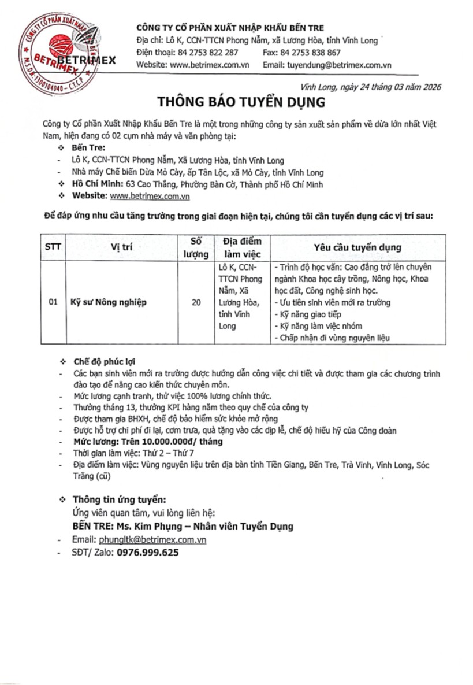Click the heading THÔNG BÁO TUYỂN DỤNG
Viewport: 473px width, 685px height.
coord(241,102)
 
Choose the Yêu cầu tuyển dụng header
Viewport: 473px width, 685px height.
coord(357,247)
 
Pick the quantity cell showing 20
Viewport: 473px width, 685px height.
coord(195,302)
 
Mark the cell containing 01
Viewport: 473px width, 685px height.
coord(53,302)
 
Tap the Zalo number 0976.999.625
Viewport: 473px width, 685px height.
coord(147,552)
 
